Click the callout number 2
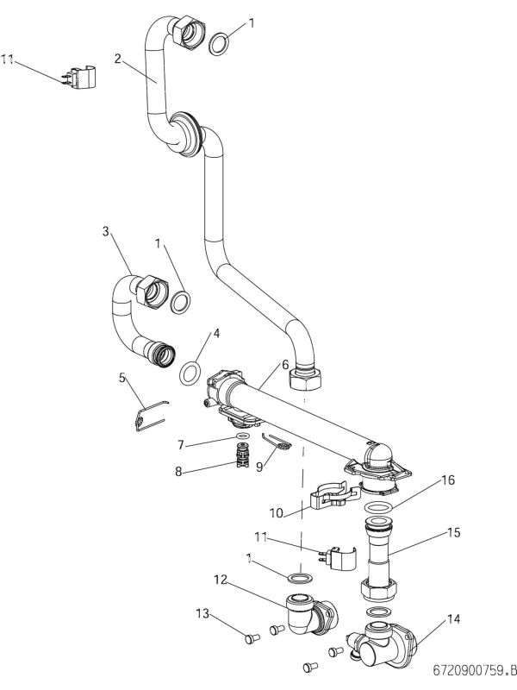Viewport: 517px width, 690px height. [117, 58]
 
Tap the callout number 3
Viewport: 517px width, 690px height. [104, 232]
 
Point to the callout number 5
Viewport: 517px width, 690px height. [121, 376]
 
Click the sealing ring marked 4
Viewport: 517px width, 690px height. [190, 373]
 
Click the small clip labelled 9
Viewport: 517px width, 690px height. [280, 443]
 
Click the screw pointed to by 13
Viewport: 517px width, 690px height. [252, 638]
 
